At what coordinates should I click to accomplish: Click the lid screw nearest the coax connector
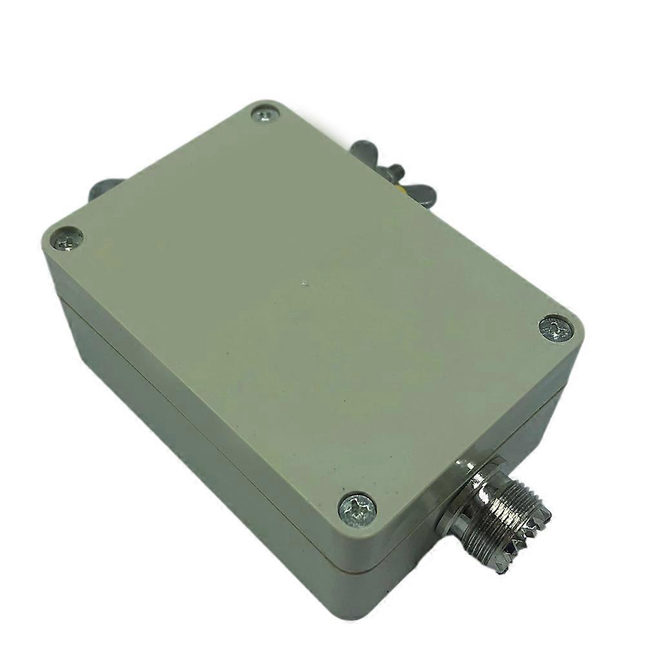[358, 509]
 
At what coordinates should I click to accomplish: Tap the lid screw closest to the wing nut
[265, 115]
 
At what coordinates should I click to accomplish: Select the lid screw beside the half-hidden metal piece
[67, 239]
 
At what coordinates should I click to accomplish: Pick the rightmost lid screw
[556, 329]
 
